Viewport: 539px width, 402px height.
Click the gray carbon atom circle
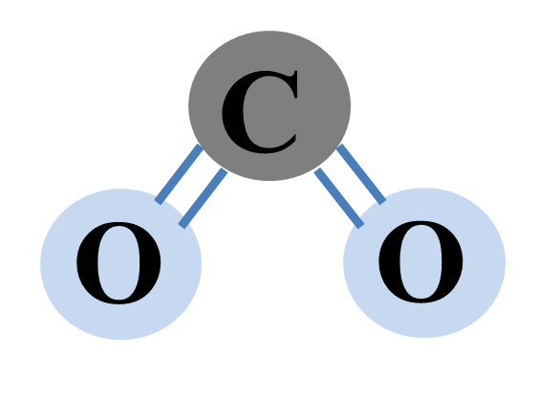(x=269, y=105)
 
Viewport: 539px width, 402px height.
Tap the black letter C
(x=260, y=112)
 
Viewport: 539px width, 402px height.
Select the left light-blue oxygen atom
(x=120, y=264)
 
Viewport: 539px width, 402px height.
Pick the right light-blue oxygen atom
(x=424, y=262)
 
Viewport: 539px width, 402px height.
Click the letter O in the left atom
(x=119, y=263)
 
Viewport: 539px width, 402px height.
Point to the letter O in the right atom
(x=420, y=262)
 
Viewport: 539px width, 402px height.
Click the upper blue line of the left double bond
(x=179, y=174)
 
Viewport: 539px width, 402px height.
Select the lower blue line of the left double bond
(x=203, y=198)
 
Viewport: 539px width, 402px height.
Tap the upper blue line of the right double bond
(x=361, y=174)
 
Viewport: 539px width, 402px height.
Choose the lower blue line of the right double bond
(x=339, y=198)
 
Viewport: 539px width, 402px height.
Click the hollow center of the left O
(x=119, y=263)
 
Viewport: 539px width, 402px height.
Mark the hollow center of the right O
(x=420, y=262)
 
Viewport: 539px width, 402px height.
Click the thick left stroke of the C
(x=233, y=112)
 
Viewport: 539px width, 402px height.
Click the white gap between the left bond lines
(x=191, y=187)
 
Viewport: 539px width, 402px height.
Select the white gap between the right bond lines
(x=350, y=187)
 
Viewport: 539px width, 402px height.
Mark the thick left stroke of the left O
(x=87, y=263)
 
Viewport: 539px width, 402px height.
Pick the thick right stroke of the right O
(x=453, y=262)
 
